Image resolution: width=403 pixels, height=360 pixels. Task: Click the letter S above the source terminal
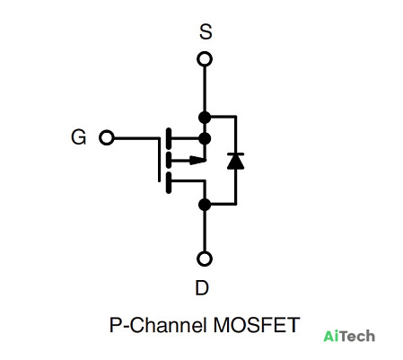[206, 32]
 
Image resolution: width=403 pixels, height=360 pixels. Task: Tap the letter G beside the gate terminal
[79, 137]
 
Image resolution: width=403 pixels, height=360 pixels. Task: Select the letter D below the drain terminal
[202, 288]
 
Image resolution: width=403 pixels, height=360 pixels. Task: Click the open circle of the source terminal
[205, 59]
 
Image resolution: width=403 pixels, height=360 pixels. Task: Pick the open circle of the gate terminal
[107, 137]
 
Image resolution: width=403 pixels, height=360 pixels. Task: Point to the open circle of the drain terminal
[205, 259]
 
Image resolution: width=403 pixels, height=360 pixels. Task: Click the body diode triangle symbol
[236, 161]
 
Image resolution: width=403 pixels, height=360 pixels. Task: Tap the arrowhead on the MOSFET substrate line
[197, 161]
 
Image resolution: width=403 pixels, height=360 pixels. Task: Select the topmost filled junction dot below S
[205, 118]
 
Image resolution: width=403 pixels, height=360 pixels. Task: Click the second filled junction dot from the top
[205, 138]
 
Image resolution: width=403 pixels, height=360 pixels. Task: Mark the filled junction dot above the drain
[205, 205]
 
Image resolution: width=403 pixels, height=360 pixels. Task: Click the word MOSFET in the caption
[257, 325]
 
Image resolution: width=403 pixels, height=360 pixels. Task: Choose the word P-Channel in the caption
[158, 325]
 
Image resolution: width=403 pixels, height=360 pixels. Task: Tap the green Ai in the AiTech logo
[332, 336]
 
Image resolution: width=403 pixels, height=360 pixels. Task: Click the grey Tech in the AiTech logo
[358, 336]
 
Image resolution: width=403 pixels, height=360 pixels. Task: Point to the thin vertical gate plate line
[159, 160]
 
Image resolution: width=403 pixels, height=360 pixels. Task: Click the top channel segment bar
[169, 138]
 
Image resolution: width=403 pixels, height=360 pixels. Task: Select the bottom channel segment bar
[169, 182]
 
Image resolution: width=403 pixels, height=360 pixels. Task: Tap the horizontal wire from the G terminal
[136, 138]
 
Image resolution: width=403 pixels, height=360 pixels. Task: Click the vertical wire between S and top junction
[205, 89]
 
